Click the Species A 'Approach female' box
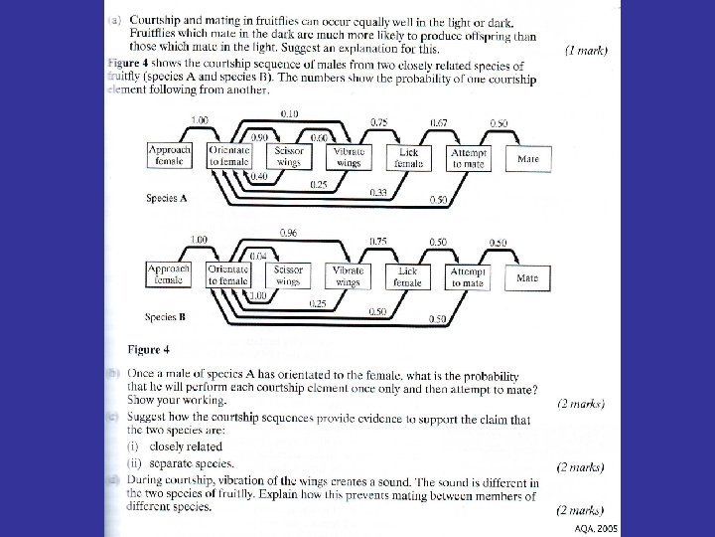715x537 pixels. coord(170,155)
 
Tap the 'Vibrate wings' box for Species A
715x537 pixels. coord(349,156)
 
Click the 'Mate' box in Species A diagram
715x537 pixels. coord(528,157)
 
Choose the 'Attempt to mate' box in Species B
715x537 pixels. coord(468,276)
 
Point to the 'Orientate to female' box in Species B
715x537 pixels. coord(228,275)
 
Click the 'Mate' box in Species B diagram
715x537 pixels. coord(527,277)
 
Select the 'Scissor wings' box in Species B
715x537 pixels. coord(289,275)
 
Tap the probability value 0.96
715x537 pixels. coord(289,232)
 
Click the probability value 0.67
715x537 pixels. coord(438,122)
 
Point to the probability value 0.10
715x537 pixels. coord(289,113)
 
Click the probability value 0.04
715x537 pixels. coord(256,256)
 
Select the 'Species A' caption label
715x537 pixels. coord(167,198)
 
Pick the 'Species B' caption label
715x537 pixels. coord(166,317)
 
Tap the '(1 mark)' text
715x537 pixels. coord(586,49)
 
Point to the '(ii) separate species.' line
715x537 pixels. coord(181,463)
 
